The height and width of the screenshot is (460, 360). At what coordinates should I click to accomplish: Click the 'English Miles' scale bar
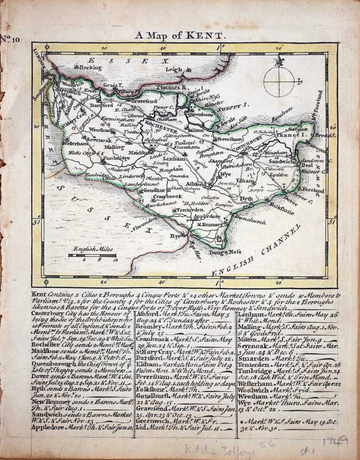click(x=92, y=255)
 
